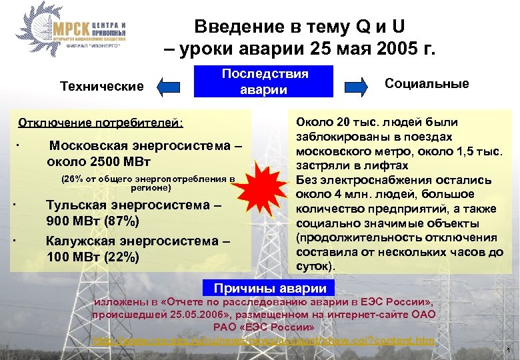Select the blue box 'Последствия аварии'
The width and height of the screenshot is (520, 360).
click(264, 82)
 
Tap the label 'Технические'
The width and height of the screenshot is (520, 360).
click(102, 87)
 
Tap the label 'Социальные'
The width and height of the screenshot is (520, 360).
click(427, 84)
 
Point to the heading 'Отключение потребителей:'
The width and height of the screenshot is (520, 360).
click(101, 123)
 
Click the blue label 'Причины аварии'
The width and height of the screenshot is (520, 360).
click(269, 289)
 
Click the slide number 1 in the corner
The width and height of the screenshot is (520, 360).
click(509, 351)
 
